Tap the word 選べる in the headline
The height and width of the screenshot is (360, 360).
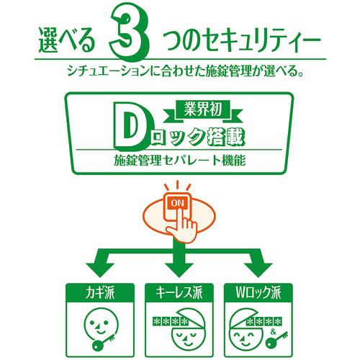67,40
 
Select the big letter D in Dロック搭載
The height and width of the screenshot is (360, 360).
130,126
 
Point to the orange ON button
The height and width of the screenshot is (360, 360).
177,204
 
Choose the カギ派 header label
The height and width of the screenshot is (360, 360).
100,292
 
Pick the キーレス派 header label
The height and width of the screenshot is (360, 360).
179,292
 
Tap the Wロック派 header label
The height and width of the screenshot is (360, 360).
258,292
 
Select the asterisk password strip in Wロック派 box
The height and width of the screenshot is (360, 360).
264,321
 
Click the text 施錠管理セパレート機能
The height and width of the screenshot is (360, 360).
180,161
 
